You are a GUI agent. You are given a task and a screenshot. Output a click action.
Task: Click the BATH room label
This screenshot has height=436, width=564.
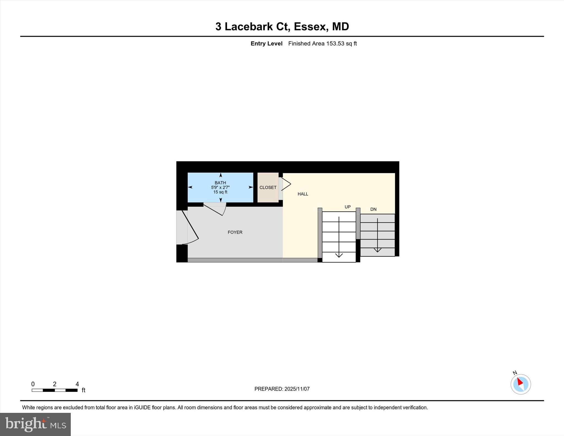pos(220,183)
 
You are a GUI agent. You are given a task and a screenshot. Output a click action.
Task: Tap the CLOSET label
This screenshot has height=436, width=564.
pos(268,188)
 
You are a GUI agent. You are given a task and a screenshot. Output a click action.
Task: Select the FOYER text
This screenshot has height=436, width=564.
pos(235,232)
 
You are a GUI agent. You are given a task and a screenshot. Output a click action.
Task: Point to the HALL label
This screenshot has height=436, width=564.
pos(303,194)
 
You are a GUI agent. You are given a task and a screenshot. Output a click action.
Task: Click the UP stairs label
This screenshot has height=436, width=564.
pos(348,207)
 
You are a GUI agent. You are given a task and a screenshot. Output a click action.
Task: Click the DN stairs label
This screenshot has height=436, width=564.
pos(373,209)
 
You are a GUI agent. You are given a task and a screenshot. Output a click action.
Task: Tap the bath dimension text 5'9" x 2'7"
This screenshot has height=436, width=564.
pos(220,187)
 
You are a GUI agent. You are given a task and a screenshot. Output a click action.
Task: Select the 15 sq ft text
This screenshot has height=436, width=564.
pos(220,192)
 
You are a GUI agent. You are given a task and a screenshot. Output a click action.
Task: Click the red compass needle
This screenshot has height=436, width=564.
pos(520,382)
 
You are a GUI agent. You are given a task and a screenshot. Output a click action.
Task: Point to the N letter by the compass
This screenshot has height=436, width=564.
pos(515,373)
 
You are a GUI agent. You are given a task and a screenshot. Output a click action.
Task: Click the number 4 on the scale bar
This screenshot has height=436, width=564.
pos(77,384)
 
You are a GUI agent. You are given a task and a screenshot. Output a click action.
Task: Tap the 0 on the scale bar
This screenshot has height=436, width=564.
pos(33,384)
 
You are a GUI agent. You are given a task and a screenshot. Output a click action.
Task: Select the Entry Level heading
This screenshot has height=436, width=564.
pos(266,44)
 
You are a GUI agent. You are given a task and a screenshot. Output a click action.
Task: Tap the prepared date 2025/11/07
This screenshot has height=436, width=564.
pos(297,389)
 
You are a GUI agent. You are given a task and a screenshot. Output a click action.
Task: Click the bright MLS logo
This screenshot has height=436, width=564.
pos(35,424)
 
